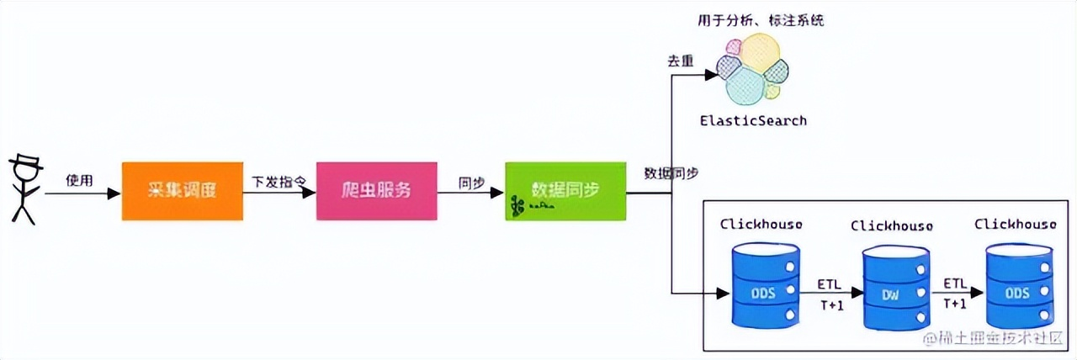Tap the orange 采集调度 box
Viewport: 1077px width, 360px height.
coord(182,191)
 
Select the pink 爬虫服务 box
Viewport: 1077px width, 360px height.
coord(376,191)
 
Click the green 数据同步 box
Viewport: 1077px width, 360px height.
coord(565,190)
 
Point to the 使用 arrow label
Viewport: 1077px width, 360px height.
coord(79,180)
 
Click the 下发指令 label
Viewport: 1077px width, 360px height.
coord(279,180)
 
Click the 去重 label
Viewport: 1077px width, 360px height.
coord(680,61)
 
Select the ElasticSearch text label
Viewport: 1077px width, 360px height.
coord(753,120)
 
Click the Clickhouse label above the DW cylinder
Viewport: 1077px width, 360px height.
coord(891,225)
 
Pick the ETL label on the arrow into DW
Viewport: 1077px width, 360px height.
coord(829,283)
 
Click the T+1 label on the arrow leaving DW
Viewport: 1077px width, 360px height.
coord(955,304)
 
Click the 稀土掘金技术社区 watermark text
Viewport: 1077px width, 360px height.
coord(997,340)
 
